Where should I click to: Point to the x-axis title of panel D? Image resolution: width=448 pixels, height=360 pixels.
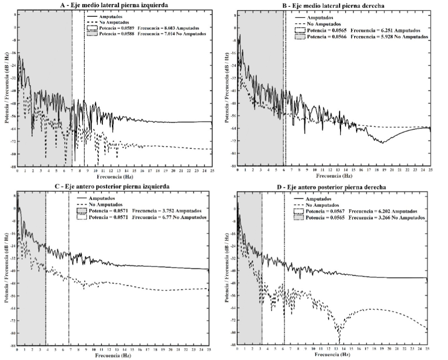coord(333,354)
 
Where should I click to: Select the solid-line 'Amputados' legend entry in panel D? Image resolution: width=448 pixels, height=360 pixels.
coord(321,199)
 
